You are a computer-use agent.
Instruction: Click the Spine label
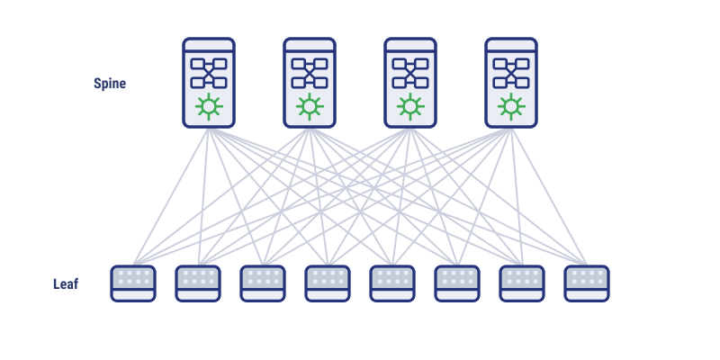point(110,84)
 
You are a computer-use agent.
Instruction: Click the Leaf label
point(66,284)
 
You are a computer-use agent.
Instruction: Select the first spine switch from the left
point(209,83)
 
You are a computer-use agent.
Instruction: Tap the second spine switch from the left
point(310,83)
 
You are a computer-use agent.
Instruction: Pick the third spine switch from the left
point(410,83)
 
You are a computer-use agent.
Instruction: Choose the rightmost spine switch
point(511,83)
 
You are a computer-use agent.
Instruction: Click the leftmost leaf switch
point(133,283)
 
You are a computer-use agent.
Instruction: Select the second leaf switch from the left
point(198,283)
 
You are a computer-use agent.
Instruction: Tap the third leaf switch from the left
point(263,283)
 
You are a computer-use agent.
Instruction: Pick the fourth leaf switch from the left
point(328,283)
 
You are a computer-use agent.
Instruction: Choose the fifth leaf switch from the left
point(392,283)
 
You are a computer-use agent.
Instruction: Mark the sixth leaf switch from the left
point(457,283)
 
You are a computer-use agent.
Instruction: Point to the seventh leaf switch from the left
point(522,283)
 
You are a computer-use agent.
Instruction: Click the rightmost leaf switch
point(587,283)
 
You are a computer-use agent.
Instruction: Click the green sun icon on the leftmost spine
point(209,107)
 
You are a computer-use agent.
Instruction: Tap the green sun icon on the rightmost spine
point(511,107)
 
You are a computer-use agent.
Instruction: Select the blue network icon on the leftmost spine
point(209,73)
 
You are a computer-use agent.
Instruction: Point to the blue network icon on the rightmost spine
point(511,73)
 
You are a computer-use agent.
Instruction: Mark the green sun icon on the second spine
point(310,107)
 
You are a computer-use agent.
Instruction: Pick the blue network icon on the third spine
point(410,73)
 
